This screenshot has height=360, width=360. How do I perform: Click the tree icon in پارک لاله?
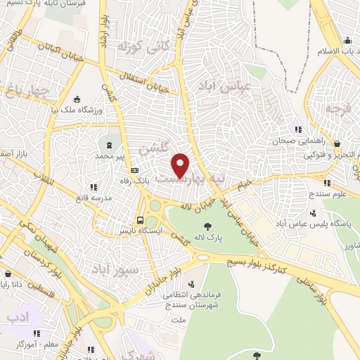[207, 226]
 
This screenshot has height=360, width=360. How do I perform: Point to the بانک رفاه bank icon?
[134, 170]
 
